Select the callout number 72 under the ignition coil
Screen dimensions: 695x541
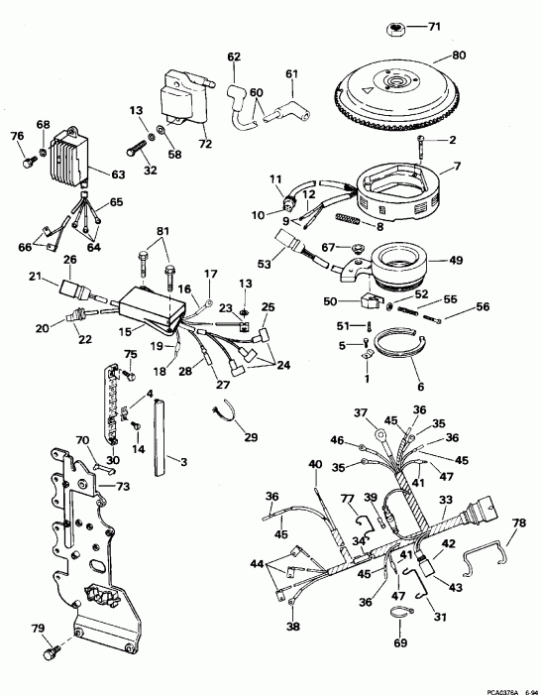pos(205,146)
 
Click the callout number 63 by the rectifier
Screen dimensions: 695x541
pos(118,175)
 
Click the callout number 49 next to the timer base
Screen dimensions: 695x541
pos(457,261)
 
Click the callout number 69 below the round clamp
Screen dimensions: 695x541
pos(399,644)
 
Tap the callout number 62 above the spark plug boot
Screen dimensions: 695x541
pos(234,57)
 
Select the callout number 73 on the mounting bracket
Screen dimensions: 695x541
pos(123,487)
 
